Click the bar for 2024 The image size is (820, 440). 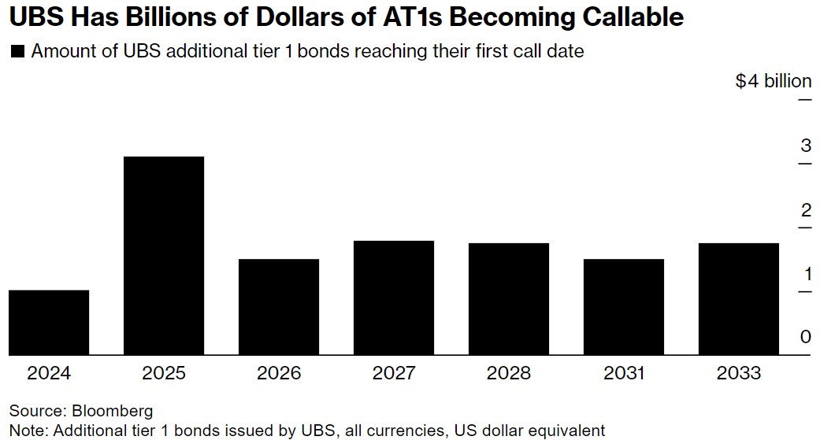pos(49,323)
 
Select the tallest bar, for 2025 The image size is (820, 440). pos(164,256)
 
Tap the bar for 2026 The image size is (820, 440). pos(279,307)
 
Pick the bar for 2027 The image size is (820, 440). pos(394,298)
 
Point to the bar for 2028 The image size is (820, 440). pos(509,299)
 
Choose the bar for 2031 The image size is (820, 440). pos(624,307)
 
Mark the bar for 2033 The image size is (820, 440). pos(739,299)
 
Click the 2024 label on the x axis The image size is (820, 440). pos(49,373)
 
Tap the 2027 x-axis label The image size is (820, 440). pos(394,373)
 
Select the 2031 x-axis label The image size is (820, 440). pos(624,373)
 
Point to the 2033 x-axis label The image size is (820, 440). pos(739,373)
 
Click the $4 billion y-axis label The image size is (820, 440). pos(773,81)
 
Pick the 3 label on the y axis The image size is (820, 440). pos(805,146)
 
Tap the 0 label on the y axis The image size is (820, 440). pos(805,338)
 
